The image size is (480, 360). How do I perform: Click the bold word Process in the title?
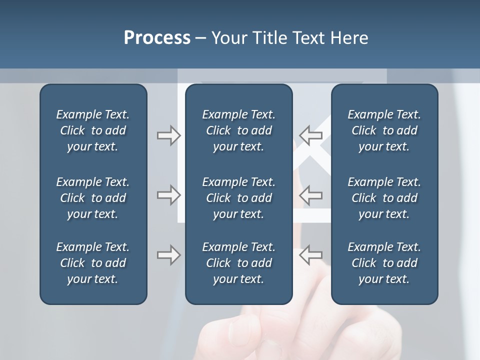(x=157, y=38)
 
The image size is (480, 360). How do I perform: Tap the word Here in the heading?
(x=349, y=38)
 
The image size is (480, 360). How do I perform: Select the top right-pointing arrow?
(x=168, y=135)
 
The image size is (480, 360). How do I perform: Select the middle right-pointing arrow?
(x=168, y=195)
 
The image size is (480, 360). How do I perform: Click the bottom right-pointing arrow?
(x=168, y=255)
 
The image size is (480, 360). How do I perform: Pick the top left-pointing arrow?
(x=310, y=135)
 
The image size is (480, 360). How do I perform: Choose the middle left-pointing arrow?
(x=310, y=195)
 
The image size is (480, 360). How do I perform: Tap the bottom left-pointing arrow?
(x=310, y=255)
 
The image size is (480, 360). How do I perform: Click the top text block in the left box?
(x=93, y=130)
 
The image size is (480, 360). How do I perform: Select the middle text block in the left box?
(x=93, y=198)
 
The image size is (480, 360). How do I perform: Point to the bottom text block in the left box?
(x=93, y=263)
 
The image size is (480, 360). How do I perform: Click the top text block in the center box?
(x=238, y=130)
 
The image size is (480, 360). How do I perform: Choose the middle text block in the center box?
(x=238, y=198)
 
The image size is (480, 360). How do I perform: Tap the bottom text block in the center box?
(x=238, y=263)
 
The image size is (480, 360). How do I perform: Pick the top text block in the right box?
(x=384, y=130)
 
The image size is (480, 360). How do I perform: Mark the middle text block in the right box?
(x=384, y=198)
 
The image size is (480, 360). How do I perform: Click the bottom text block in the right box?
(x=384, y=263)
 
